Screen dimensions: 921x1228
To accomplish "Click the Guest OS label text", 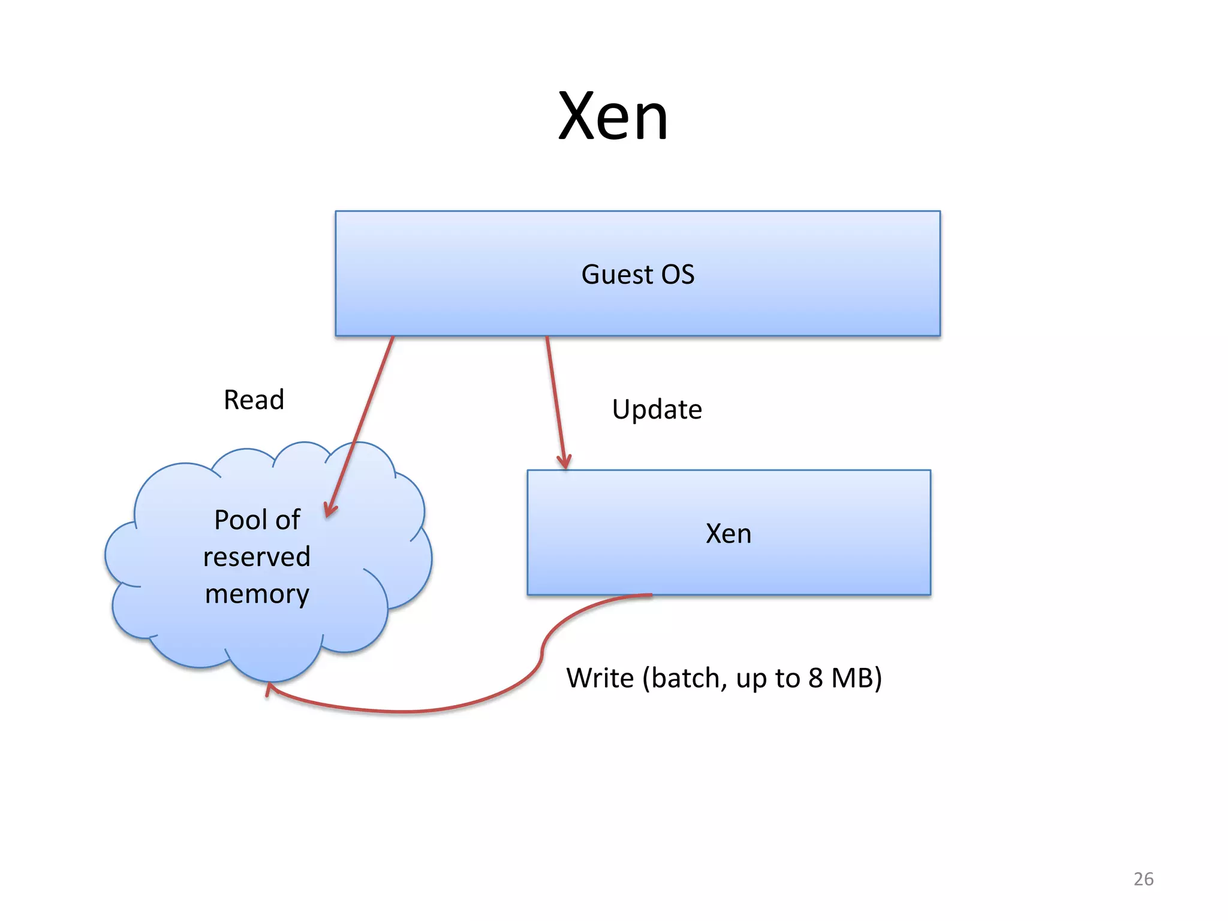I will click(637, 275).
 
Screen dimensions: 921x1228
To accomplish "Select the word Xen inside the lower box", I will click(728, 534).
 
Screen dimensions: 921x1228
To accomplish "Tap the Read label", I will click(254, 399).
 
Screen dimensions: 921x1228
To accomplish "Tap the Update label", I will click(657, 410).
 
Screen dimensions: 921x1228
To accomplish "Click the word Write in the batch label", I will click(600, 678).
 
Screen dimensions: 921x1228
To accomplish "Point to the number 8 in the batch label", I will click(815, 678).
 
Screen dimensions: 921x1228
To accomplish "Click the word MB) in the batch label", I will click(857, 678).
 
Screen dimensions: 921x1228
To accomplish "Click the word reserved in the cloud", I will click(257, 557).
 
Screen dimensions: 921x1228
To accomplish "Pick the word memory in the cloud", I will click(257, 594).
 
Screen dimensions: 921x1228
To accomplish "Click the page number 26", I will click(1143, 879).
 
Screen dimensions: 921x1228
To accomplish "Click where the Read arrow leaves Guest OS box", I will click(393, 338).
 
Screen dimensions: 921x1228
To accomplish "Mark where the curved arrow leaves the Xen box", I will click(650, 595).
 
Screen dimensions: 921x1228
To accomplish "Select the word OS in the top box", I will click(677, 275).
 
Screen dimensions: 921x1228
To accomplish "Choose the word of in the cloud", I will click(287, 520).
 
